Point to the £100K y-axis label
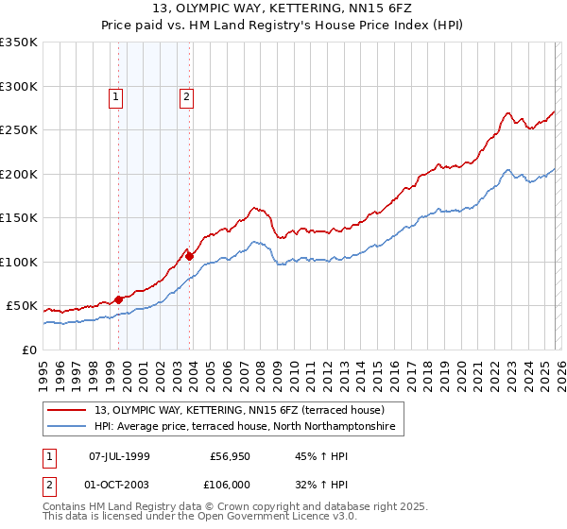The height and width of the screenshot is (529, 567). coord(18,262)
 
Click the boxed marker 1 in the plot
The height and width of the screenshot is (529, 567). coord(115,95)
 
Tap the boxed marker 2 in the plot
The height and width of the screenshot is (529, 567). coord(186,95)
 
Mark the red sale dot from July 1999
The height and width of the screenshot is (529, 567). coord(118,299)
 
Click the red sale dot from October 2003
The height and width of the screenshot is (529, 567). coord(189,256)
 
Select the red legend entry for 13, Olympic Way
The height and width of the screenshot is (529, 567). coord(239,410)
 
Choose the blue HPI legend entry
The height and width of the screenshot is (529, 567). coord(248,428)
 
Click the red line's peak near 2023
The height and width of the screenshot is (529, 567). coord(508,113)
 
